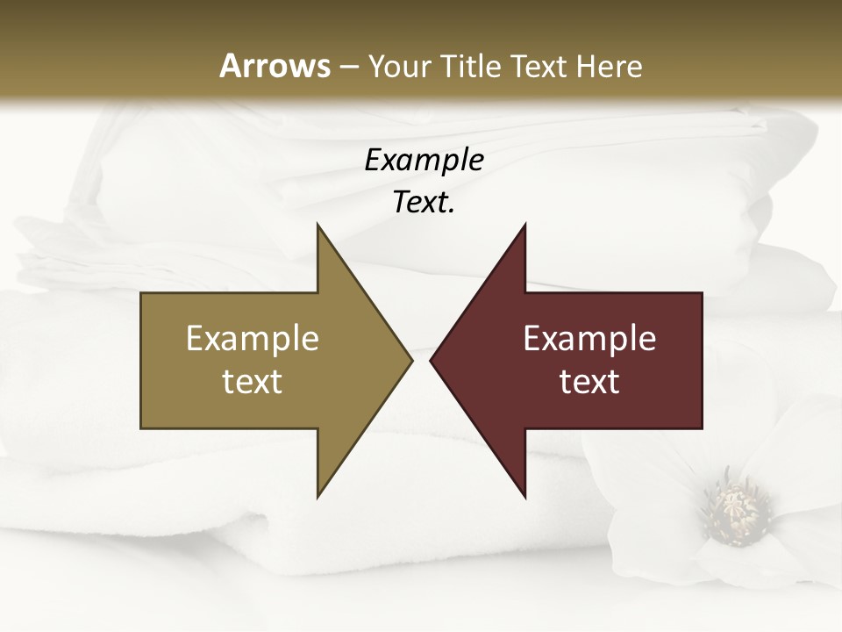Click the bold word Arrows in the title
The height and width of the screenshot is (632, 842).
(x=274, y=66)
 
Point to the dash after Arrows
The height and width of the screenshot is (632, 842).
(x=348, y=68)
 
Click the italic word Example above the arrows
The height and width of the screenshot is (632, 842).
(x=424, y=161)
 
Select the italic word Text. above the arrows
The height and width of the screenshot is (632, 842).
(x=424, y=203)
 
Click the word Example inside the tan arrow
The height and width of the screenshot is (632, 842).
(x=253, y=339)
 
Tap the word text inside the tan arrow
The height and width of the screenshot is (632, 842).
(x=253, y=382)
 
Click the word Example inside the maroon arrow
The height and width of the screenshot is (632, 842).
(x=589, y=339)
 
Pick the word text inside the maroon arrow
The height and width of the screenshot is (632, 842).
(x=589, y=382)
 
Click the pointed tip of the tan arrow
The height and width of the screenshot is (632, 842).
(x=410, y=360)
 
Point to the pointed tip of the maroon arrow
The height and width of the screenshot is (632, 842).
(x=432, y=360)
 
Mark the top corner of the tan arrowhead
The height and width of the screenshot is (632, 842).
(x=318, y=226)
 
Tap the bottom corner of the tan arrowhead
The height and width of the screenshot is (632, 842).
(x=318, y=496)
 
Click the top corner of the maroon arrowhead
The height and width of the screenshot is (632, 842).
(x=524, y=226)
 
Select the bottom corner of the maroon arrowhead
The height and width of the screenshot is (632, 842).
(x=524, y=496)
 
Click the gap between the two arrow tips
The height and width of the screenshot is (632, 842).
(x=421, y=360)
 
